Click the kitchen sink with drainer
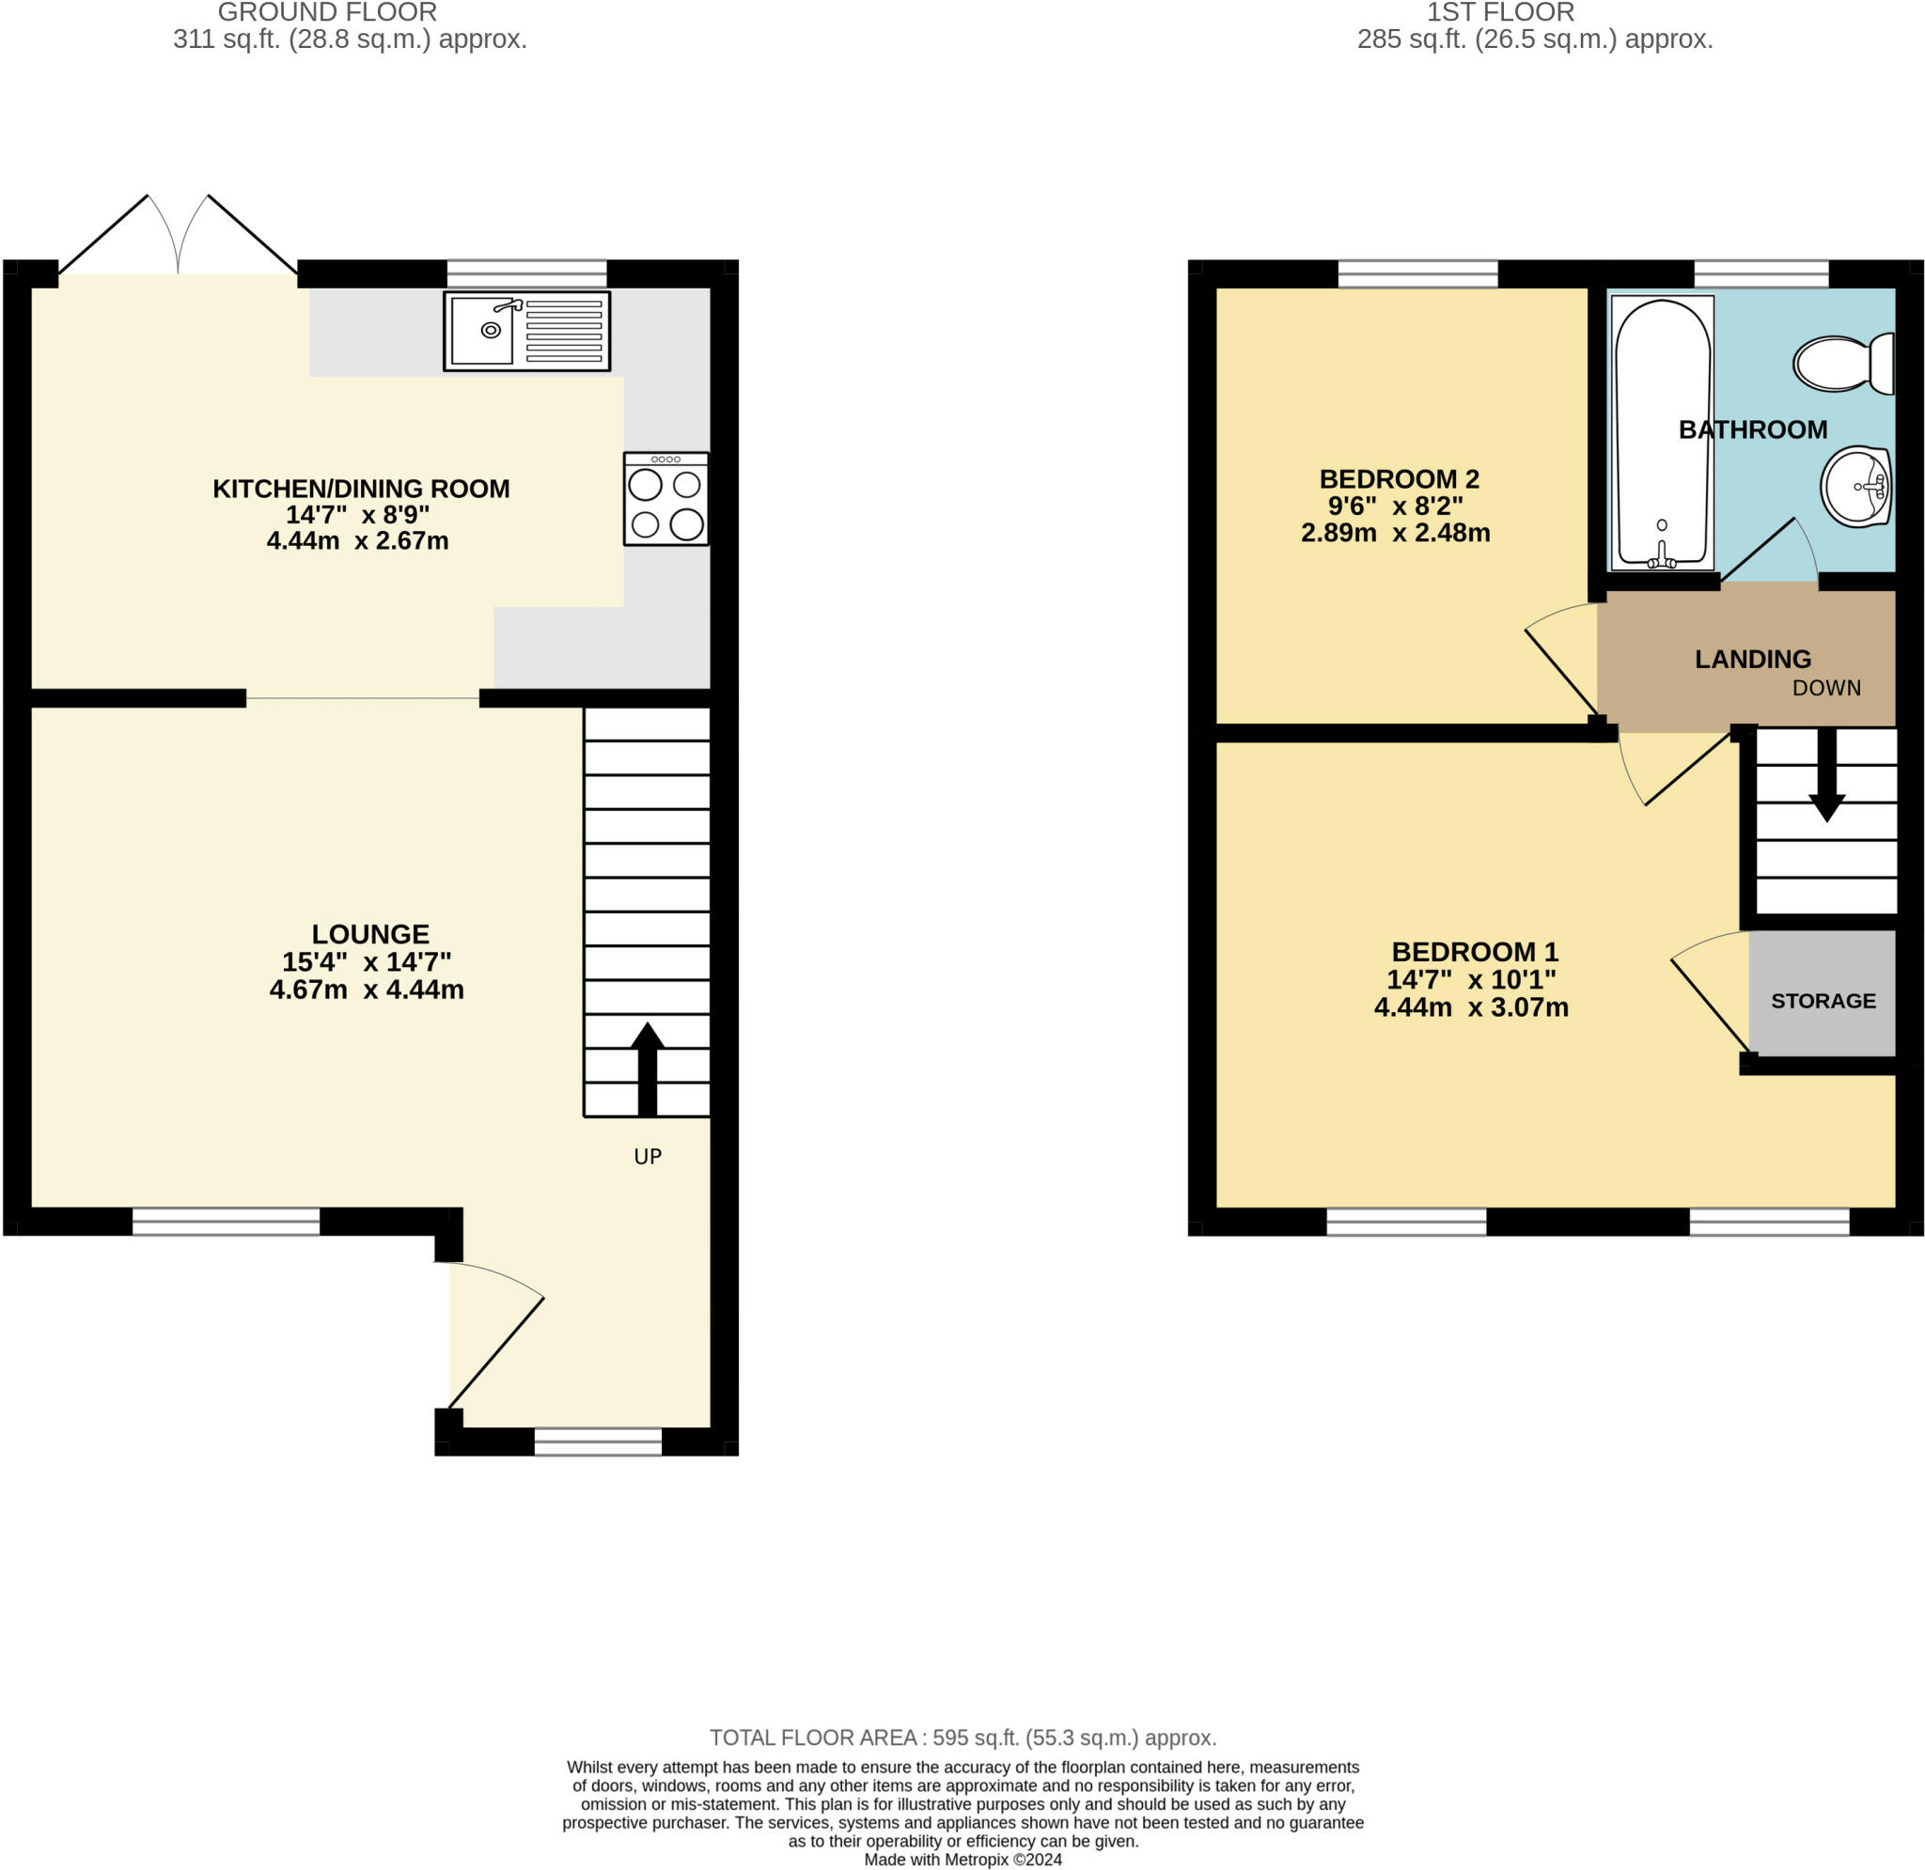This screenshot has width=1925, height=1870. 526,331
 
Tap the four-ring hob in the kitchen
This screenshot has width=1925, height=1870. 665,499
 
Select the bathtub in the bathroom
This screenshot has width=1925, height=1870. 1662,433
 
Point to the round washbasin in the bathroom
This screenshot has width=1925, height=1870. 1855,486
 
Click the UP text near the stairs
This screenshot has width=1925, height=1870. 648,1157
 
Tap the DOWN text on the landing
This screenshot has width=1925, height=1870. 1825,689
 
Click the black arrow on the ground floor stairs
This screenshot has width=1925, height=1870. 647,1068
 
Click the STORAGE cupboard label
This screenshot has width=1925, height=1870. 1823,1001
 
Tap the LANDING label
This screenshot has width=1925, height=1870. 1752,659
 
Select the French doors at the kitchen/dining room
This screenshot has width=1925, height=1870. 178,236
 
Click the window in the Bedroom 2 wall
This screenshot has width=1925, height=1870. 1417,274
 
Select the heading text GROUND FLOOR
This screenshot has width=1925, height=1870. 327,13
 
